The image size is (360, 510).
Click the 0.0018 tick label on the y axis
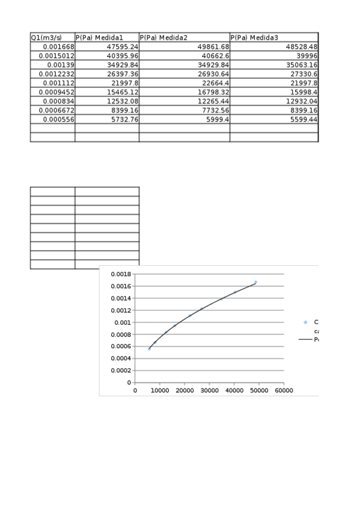[x=120, y=274]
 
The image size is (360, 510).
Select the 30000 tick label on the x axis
[x=209, y=390]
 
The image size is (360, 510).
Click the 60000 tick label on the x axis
[x=284, y=390]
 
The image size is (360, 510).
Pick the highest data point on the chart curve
[x=255, y=282]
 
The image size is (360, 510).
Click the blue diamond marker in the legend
[x=305, y=323]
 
